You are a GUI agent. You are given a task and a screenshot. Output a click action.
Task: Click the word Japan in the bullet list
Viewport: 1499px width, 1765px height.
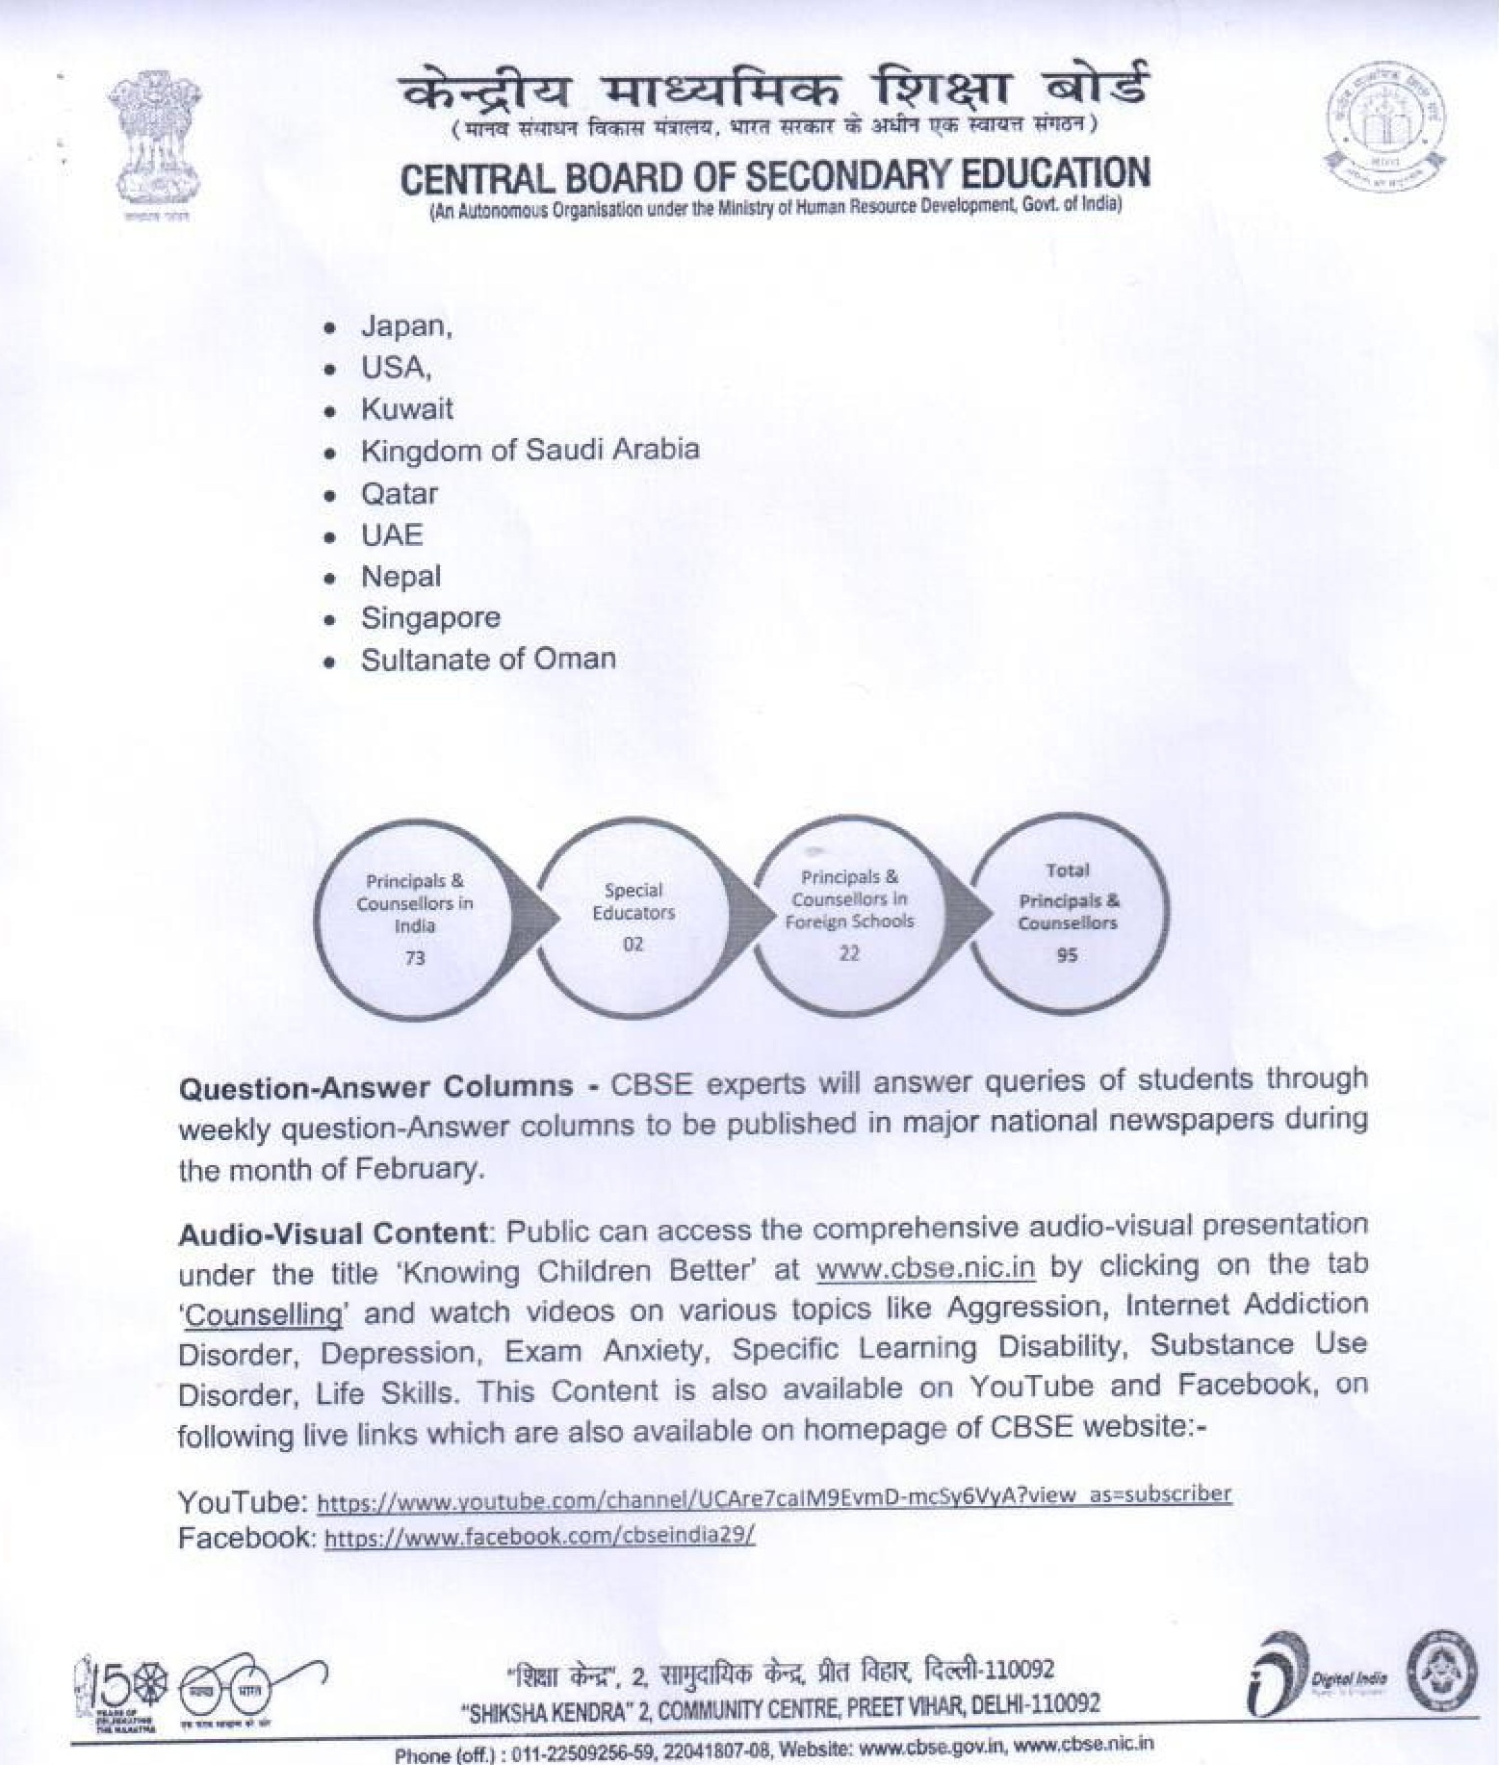coord(403,326)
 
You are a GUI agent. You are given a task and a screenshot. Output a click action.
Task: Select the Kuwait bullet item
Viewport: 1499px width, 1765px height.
coord(406,409)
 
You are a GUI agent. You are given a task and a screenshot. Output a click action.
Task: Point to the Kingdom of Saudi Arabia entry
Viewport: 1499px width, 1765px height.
coord(530,450)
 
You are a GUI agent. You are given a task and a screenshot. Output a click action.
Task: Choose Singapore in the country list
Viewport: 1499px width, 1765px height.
coord(430,618)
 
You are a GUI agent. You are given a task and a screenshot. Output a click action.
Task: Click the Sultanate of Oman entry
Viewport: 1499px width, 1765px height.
coord(488,660)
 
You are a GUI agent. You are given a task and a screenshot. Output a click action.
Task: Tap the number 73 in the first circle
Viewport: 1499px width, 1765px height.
coord(415,958)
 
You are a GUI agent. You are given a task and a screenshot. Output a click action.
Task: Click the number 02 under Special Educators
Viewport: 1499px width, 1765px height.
coord(633,945)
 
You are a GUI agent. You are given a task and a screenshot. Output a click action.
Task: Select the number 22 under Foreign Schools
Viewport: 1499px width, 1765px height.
coord(848,953)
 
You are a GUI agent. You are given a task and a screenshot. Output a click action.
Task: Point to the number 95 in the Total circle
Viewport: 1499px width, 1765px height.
coord(1067,955)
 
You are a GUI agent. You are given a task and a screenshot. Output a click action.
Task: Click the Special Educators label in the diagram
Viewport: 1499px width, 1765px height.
coord(633,901)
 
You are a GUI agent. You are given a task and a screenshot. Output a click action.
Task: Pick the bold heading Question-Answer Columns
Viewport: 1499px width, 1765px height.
coord(375,1087)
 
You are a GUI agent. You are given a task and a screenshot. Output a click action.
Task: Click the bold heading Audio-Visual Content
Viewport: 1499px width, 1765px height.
coord(333,1233)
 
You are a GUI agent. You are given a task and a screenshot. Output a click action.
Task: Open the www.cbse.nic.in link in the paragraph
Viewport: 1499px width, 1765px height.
coord(925,1268)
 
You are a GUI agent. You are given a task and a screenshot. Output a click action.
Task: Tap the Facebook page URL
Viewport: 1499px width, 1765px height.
coord(539,1537)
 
